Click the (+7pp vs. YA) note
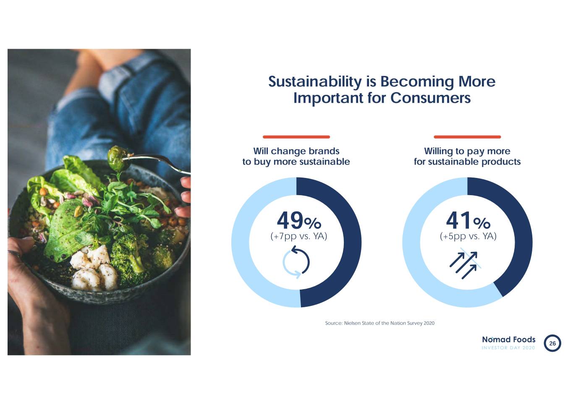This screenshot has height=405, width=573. point(298,236)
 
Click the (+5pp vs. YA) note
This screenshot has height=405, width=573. point(468,236)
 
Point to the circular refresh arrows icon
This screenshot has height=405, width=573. point(296,263)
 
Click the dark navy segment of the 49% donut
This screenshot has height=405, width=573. point(346,242)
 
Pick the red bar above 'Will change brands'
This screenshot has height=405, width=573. point(296,137)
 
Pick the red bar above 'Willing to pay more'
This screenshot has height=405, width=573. point(467,137)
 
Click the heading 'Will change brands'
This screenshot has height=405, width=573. point(296,151)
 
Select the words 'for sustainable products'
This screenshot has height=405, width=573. point(467,162)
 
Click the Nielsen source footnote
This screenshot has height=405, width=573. point(379,323)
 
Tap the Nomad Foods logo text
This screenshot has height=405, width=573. point(508,340)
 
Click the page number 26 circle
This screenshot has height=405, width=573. point(552,343)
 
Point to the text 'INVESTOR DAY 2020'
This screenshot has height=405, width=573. point(508,348)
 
